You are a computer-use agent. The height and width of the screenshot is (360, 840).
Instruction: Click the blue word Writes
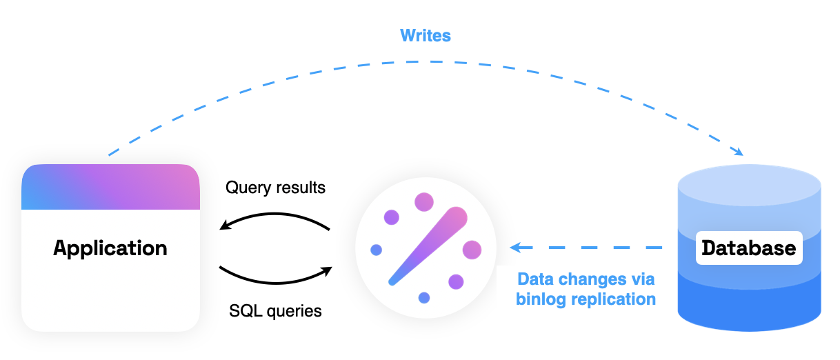(x=426, y=35)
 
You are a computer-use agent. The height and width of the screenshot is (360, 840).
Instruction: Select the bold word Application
(x=110, y=248)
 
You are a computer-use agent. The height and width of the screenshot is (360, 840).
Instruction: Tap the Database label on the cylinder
(x=748, y=248)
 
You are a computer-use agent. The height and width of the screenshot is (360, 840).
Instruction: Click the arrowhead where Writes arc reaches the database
(x=738, y=152)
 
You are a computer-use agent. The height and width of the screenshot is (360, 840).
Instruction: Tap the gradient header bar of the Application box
(x=110, y=187)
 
